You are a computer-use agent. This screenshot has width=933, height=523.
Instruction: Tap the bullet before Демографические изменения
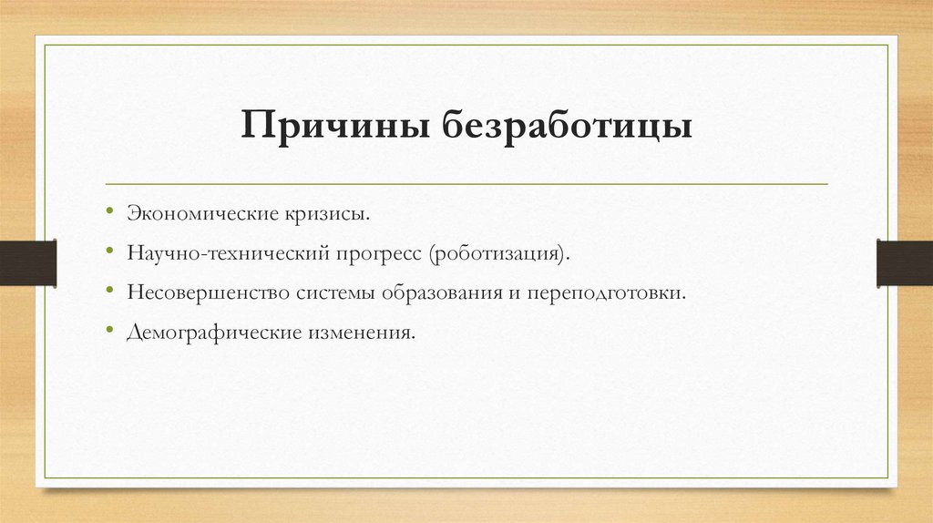[x=108, y=333]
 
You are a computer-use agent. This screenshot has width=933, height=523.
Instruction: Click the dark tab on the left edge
[x=27, y=262]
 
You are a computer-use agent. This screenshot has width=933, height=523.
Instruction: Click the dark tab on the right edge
[x=905, y=262]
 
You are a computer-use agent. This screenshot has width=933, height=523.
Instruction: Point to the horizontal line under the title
[x=466, y=184]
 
